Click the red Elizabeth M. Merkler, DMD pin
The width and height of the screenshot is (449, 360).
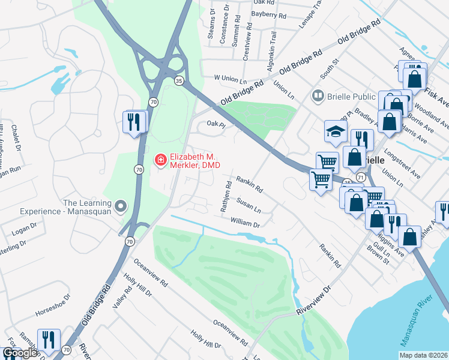coord(160,160)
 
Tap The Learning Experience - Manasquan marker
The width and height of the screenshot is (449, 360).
coord(121,207)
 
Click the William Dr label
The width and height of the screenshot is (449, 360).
coord(244,222)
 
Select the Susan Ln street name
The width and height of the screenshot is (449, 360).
coord(249,205)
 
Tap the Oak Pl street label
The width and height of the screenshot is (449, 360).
coord(215,124)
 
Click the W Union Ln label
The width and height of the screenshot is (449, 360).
coord(231,79)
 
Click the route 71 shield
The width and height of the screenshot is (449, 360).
coord(360,178)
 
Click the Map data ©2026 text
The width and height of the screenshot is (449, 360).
coord(423,355)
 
